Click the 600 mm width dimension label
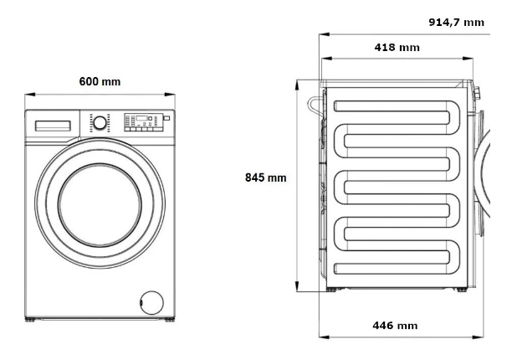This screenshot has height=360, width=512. (100, 81)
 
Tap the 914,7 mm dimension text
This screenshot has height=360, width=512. (456, 23)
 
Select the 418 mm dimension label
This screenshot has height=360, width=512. (397, 48)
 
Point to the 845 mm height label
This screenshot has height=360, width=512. (265, 177)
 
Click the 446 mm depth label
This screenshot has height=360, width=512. (395, 326)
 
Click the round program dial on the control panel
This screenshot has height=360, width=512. (100, 123)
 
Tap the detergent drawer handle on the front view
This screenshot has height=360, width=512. (53, 126)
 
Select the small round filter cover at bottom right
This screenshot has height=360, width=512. (151, 302)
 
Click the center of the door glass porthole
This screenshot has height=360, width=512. (100, 205)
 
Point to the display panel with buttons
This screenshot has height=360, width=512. (143, 122)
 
